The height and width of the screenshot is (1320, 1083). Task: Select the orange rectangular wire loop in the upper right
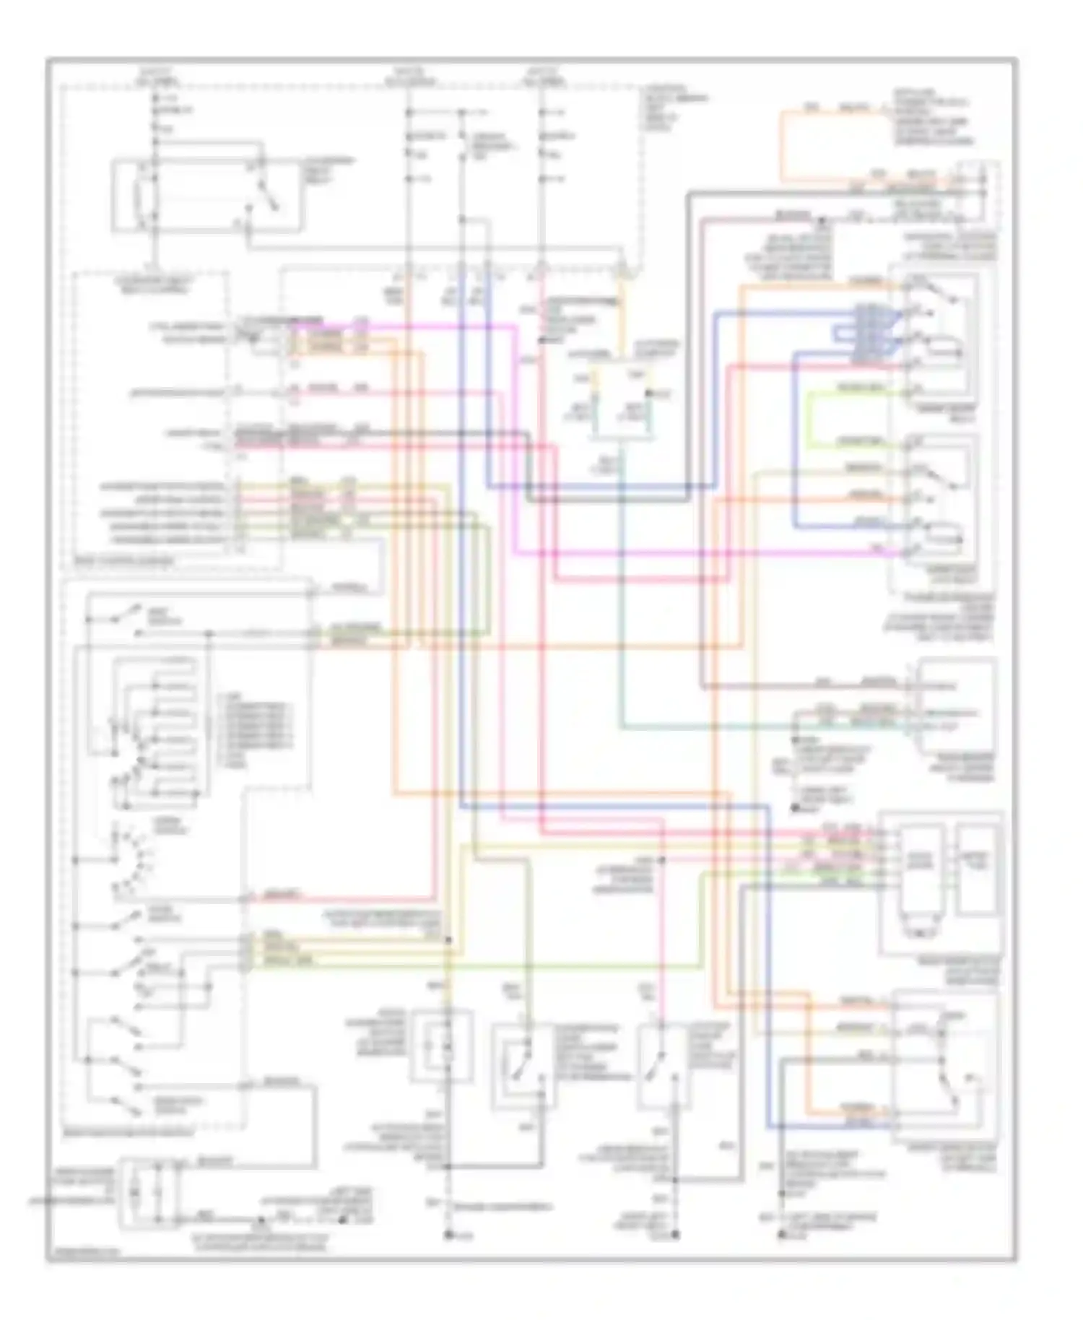click(781, 144)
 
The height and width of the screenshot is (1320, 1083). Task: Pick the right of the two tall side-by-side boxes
click(978, 870)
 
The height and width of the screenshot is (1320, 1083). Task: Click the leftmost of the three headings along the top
click(155, 77)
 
